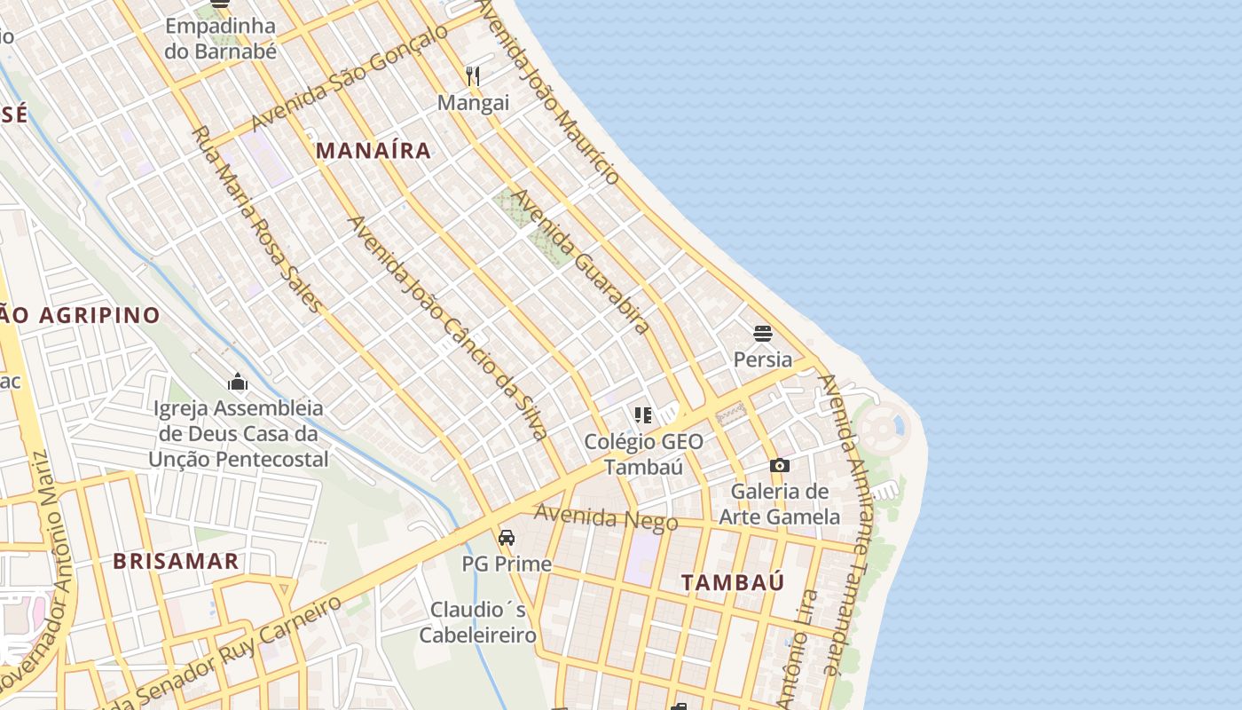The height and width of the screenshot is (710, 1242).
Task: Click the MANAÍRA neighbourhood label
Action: pyautogui.click(x=373, y=151)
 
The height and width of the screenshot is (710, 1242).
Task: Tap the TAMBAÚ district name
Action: pyautogui.click(x=733, y=583)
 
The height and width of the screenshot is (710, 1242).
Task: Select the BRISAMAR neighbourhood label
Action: pyautogui.click(x=176, y=561)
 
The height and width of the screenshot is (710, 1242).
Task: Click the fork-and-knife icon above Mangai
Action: pyautogui.click(x=473, y=76)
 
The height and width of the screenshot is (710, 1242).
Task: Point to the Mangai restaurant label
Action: pyautogui.click(x=473, y=103)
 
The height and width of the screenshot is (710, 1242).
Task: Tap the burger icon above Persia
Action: pyautogui.click(x=763, y=334)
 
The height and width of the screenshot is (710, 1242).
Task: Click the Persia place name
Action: pyautogui.click(x=763, y=359)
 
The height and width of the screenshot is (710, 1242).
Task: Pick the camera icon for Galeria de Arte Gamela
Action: pyautogui.click(x=779, y=465)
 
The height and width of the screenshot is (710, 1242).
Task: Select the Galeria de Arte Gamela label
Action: pyautogui.click(x=779, y=504)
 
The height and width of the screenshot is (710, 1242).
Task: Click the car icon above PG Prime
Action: pyautogui.click(x=507, y=537)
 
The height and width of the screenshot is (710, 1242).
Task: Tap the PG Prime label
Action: pyautogui.click(x=507, y=564)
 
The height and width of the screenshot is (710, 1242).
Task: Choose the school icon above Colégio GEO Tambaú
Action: pyautogui.click(x=643, y=415)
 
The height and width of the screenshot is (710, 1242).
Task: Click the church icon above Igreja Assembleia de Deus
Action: pyautogui.click(x=238, y=383)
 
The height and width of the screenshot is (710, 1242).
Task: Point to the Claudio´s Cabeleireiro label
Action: pyautogui.click(x=478, y=622)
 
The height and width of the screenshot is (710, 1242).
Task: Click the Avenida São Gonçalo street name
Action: pyautogui.click(x=350, y=78)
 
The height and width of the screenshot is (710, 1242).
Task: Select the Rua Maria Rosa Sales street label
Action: pyautogui.click(x=257, y=218)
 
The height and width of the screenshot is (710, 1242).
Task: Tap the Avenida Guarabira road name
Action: pyautogui.click(x=580, y=261)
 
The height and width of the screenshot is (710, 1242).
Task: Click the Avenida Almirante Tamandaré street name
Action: pyautogui.click(x=850, y=524)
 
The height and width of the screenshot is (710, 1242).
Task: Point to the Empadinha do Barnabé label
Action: pyautogui.click(x=221, y=38)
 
